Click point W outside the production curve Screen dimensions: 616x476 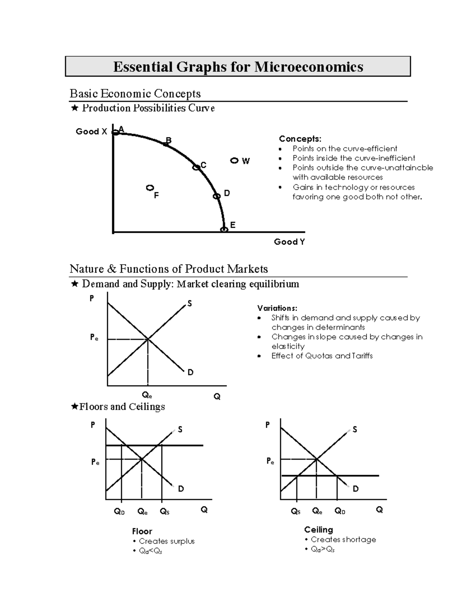point(234,161)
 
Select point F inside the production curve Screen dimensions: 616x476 point(150,188)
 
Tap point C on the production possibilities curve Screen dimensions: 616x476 point(196,167)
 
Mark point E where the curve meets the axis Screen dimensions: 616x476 point(224,229)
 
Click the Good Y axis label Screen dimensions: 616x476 point(289,242)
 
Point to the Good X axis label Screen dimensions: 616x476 point(91,132)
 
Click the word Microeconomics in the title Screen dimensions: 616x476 point(308,67)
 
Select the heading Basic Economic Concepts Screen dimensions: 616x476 point(135,94)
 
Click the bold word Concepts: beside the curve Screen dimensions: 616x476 point(300,139)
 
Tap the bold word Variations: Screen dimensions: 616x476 point(277,308)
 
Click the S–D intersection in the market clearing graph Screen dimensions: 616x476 point(148,339)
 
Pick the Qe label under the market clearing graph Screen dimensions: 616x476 point(147,395)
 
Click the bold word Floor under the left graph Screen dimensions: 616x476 point(142,532)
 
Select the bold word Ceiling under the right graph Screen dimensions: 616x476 point(319,530)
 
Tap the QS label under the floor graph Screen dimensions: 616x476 point(164,512)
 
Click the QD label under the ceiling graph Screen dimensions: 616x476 point(340,511)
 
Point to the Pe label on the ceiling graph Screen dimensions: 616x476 point(270,461)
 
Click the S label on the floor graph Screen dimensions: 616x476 point(180,430)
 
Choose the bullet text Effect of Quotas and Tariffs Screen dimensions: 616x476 point(322,356)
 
